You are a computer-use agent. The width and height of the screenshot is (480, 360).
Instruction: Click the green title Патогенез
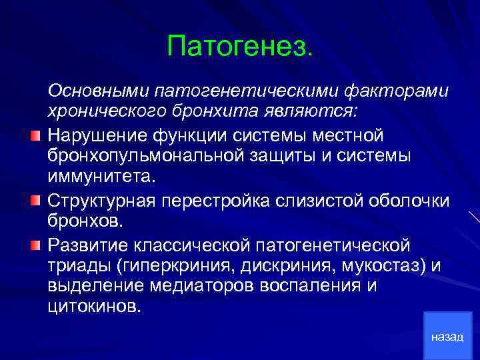click(x=239, y=46)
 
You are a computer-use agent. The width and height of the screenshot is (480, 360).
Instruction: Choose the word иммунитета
click(x=100, y=177)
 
